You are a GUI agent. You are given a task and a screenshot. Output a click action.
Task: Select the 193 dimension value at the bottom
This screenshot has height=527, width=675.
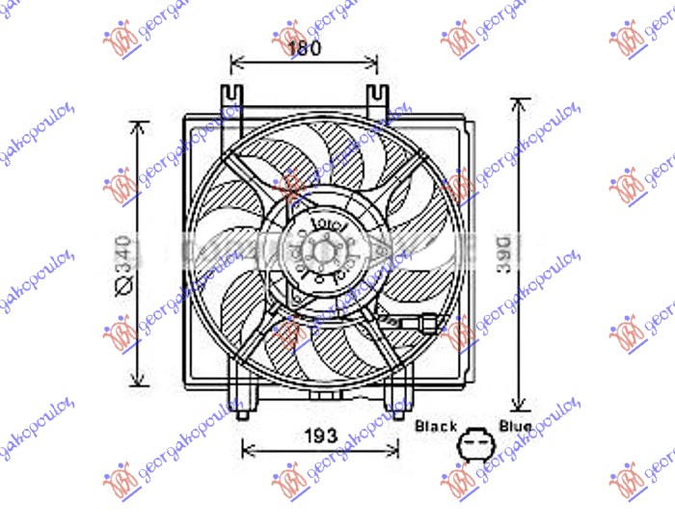(x=320, y=435)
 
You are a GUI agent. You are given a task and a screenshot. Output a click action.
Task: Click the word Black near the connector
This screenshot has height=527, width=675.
(x=435, y=425)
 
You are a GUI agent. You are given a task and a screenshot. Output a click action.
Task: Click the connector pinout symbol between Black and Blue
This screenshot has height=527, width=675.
(x=474, y=444)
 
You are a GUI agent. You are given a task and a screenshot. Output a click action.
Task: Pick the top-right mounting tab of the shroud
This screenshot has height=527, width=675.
(x=375, y=97)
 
